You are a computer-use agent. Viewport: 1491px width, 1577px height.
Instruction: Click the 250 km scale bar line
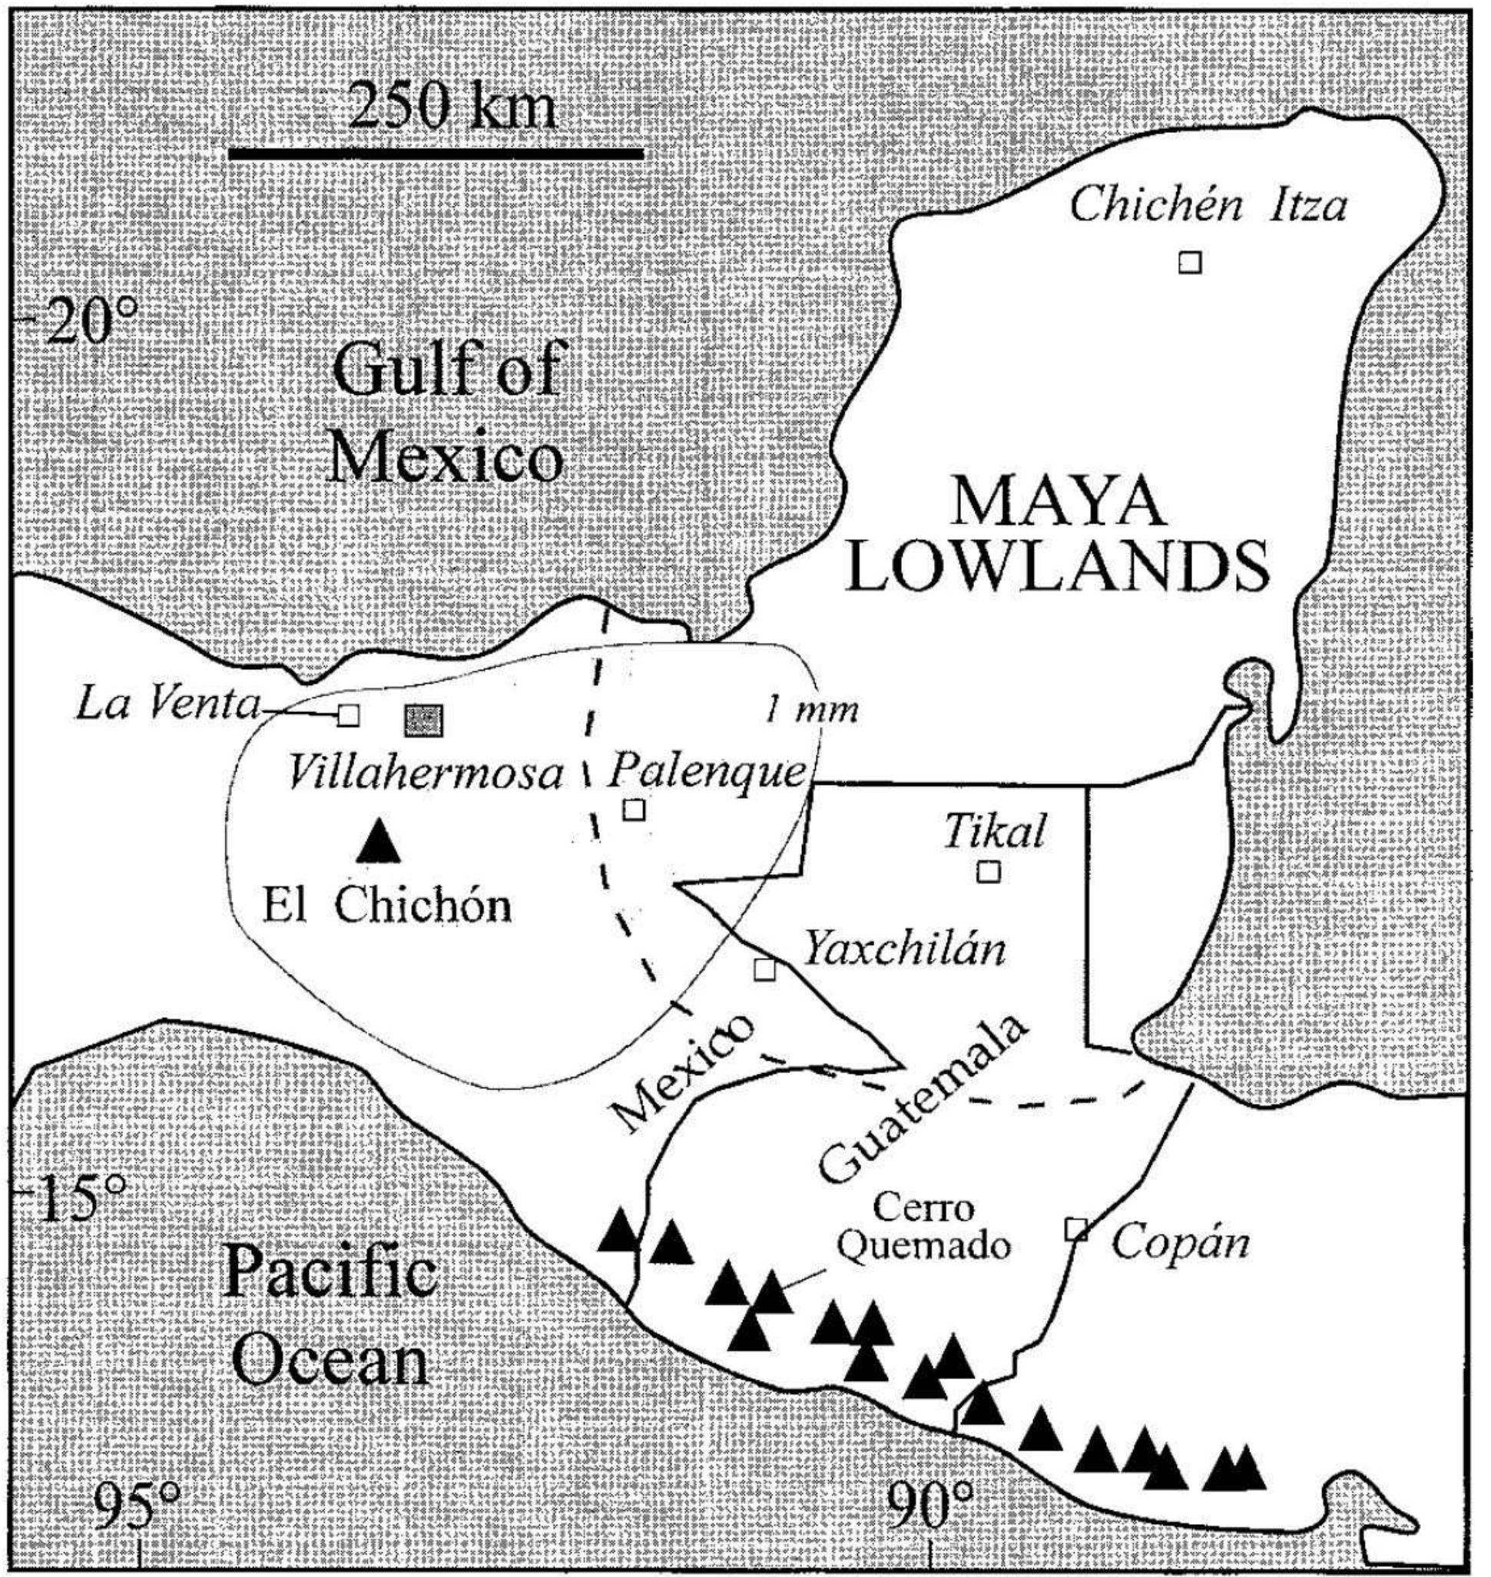(x=436, y=153)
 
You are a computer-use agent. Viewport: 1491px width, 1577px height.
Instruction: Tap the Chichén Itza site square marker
(x=1189, y=261)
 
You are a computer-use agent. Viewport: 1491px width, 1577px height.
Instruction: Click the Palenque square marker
(x=634, y=809)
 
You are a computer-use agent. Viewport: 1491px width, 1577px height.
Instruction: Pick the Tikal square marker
(x=988, y=871)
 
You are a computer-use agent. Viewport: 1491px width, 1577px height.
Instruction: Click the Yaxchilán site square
(x=764, y=969)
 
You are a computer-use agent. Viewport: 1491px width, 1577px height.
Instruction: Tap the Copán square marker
(x=1076, y=1229)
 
